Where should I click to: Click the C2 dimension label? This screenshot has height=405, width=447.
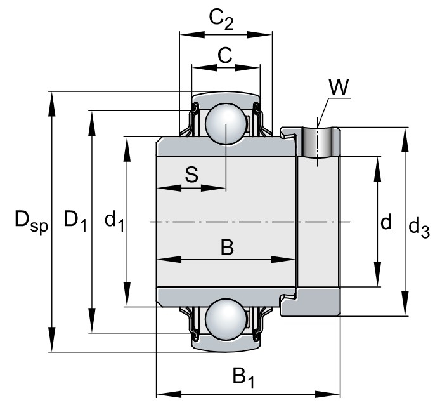[x=221, y=19]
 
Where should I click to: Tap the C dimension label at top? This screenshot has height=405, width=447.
[x=225, y=55]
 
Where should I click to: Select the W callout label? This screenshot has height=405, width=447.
[x=339, y=87]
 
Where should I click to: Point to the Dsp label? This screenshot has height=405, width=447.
[x=31, y=222]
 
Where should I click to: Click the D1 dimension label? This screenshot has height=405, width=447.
[x=75, y=220]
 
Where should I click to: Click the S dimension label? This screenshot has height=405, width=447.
[x=191, y=175]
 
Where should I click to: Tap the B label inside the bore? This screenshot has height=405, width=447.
[x=227, y=247]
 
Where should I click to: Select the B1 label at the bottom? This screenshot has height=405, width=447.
[x=243, y=377]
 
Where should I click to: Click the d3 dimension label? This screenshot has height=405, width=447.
[x=418, y=227]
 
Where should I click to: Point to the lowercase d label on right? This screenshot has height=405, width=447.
[x=386, y=222]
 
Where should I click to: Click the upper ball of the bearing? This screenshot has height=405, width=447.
[x=226, y=124]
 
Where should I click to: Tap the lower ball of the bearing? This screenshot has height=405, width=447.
[x=226, y=319]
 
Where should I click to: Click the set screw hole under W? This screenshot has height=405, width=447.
[x=318, y=142]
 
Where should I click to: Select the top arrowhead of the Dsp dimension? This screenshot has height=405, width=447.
[x=51, y=104]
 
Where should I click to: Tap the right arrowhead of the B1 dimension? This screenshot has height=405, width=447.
[x=328, y=395]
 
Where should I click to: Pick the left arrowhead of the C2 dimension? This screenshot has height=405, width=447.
[x=192, y=34]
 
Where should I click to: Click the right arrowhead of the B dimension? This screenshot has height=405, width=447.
[x=282, y=260]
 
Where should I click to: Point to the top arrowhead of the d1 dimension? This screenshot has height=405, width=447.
[x=127, y=149]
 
